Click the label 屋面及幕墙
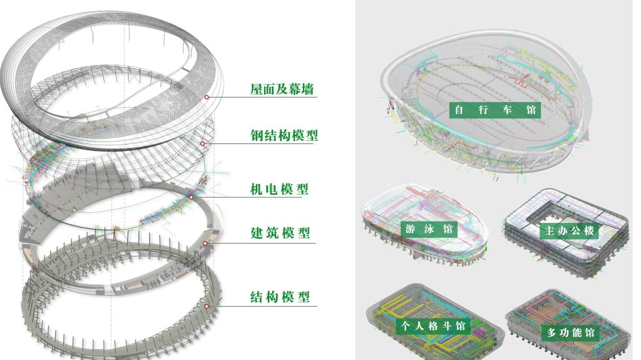coord(282,90)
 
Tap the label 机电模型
coord(279,188)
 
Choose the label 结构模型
coord(280,296)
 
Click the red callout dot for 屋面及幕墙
coord(207,97)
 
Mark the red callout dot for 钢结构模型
coord(203,144)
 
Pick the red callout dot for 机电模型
coord(192,197)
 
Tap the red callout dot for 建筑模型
coord(205,243)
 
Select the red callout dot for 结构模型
coord(206,306)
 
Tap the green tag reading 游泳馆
coord(429,229)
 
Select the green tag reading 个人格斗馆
coord(433,326)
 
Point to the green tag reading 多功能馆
coord(571,332)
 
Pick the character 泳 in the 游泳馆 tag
coord(429,229)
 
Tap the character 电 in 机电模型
coord(270,188)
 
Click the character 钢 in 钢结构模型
coord(257,135)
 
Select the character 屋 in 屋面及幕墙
coord(257,90)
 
